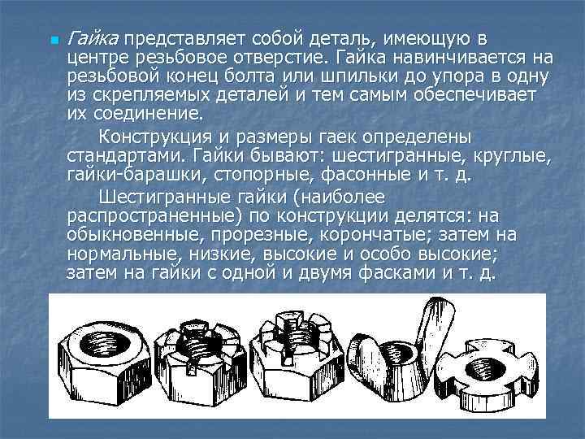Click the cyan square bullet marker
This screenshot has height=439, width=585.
[x=55, y=40]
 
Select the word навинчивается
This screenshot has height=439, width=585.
[x=453, y=57]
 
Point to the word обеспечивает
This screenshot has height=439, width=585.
[x=474, y=95]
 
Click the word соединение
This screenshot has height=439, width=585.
[x=148, y=114]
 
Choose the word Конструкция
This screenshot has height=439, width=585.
[x=155, y=137]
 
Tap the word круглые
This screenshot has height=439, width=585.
[x=513, y=155]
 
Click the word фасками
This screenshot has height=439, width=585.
[x=396, y=272]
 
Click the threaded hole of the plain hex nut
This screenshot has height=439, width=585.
[x=105, y=344]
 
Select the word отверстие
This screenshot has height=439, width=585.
[x=282, y=57]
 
